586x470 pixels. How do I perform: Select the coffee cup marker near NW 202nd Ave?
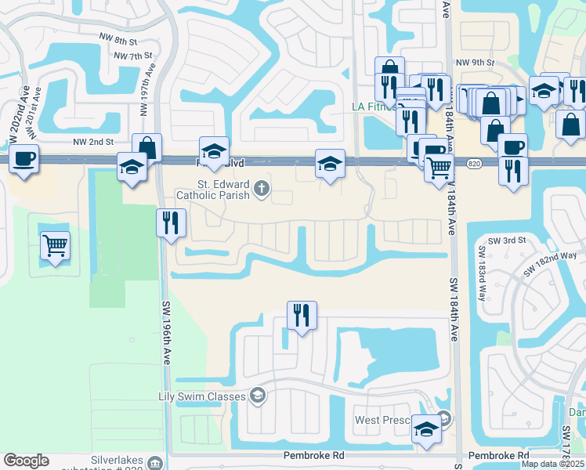tap(23, 159)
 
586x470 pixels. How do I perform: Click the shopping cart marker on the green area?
tap(55, 246)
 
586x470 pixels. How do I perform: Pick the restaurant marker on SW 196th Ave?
tap(170, 223)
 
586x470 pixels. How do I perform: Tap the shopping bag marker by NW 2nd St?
tap(146, 147)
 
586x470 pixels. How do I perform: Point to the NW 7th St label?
tap(132, 56)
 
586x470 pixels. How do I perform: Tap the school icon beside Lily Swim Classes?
tap(257, 396)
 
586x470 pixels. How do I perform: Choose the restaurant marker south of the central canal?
tap(302, 315)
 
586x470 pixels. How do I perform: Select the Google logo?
tap(26, 461)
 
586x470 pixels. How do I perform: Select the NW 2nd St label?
tap(93, 142)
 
